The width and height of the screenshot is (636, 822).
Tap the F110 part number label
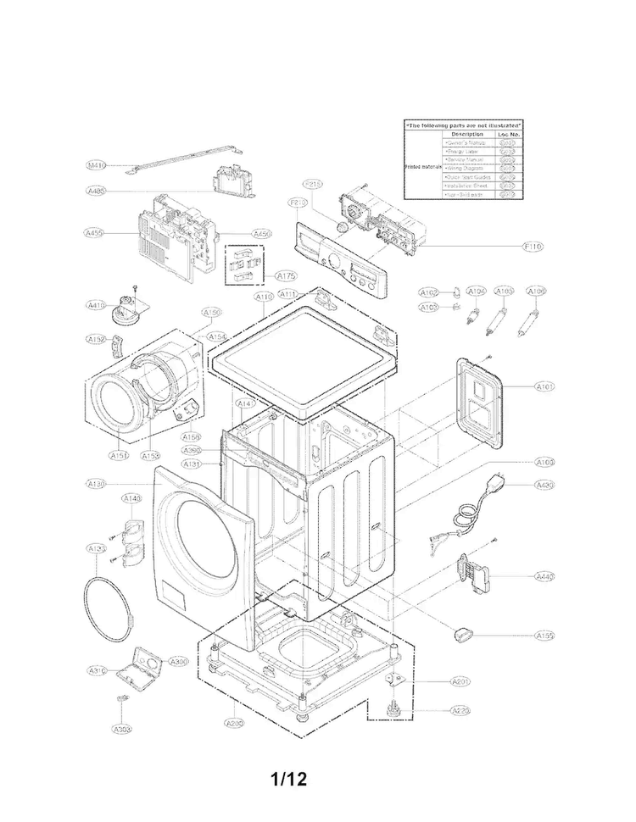(533, 246)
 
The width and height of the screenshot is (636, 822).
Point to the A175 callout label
(286, 275)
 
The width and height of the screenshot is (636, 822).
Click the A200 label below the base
(234, 723)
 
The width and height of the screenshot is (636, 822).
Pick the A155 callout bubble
(544, 635)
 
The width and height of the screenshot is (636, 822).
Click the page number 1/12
(288, 778)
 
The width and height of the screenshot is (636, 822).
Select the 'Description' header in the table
(467, 134)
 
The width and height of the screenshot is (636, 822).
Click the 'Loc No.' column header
(509, 134)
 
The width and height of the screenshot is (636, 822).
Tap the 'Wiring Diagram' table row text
(465, 169)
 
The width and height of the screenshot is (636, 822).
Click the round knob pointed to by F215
(341, 228)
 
